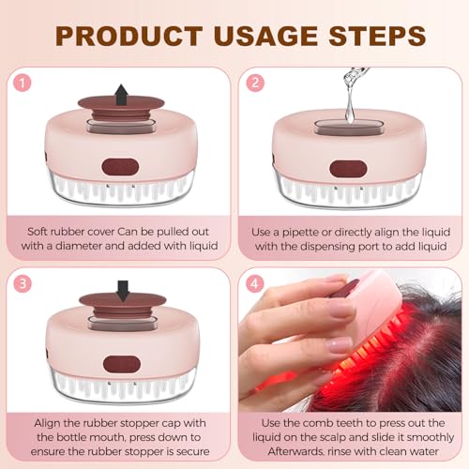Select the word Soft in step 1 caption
click(42, 226)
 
